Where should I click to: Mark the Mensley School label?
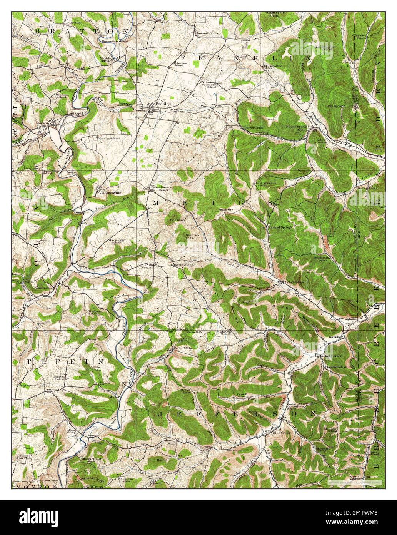click(x=109, y=138)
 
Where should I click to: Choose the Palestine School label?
click(x=178, y=64)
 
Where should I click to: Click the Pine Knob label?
click(x=176, y=221)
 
